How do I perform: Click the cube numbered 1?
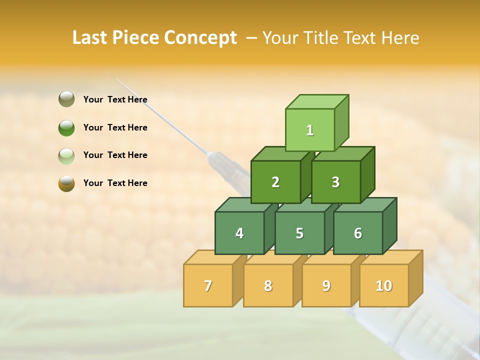[310, 130]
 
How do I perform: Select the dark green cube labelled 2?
[275, 182]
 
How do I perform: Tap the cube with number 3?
[335, 182]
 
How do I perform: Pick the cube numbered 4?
[239, 233]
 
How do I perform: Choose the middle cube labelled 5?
[299, 233]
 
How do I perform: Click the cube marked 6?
[358, 233]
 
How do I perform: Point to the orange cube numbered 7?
[208, 285]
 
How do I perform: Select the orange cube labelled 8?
[268, 285]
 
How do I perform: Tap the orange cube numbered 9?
[326, 285]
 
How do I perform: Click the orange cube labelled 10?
[384, 285]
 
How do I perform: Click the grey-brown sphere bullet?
[66, 99]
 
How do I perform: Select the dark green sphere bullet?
[66, 127]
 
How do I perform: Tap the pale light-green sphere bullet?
[66, 155]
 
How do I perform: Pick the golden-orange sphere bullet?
[66, 183]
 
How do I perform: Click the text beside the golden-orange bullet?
[115, 183]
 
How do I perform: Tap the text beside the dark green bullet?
[115, 127]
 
